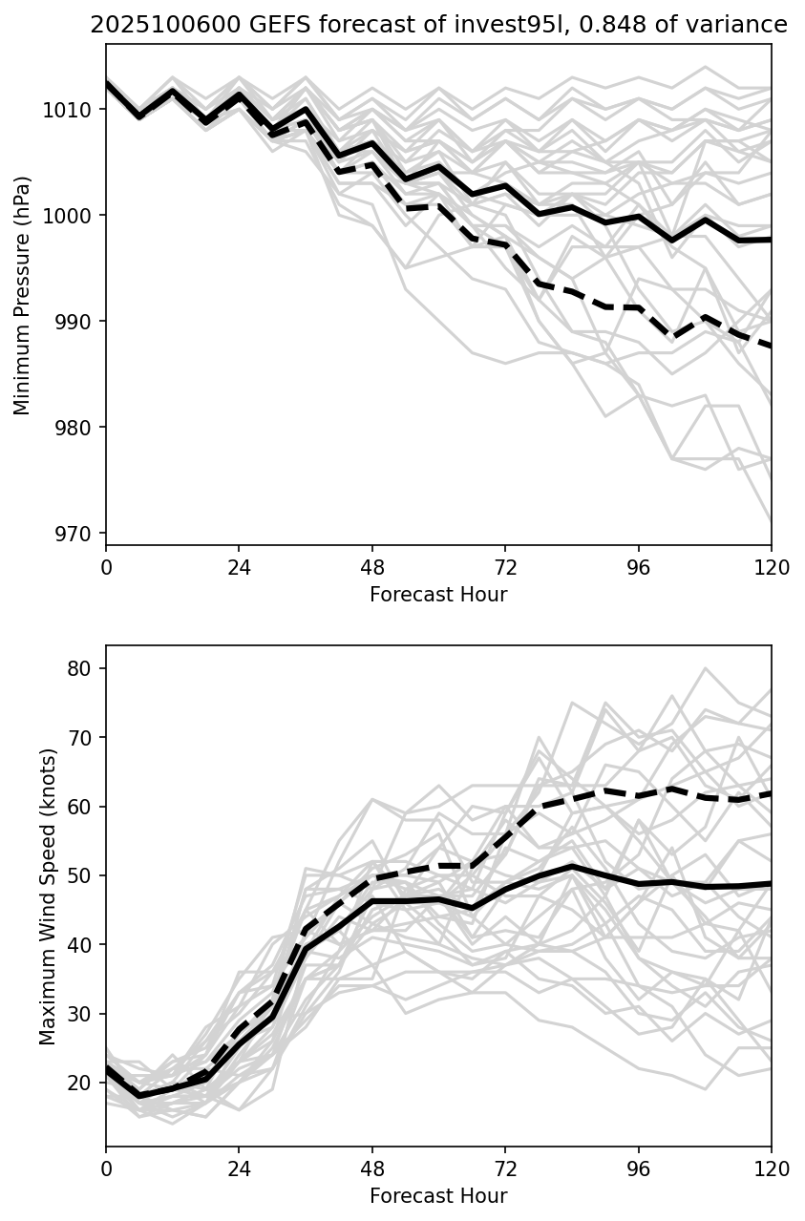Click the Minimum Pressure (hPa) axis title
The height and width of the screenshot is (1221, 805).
23,294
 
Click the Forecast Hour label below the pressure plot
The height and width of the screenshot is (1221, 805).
438,595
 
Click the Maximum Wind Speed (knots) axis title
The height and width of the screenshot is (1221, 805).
48,895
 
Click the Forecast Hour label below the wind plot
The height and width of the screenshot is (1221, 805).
438,1196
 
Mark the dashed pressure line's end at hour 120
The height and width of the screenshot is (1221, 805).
771,347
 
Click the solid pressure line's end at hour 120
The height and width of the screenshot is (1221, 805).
771,240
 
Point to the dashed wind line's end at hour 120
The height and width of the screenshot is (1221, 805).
771,793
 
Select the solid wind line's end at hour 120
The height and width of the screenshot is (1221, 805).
771,884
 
